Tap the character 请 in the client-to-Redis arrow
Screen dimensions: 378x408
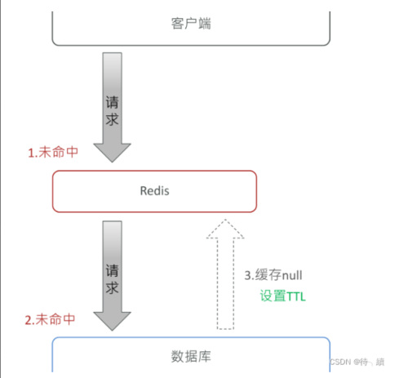point(113,103)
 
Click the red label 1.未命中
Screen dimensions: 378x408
point(54,153)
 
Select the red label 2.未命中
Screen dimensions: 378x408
point(54,320)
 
